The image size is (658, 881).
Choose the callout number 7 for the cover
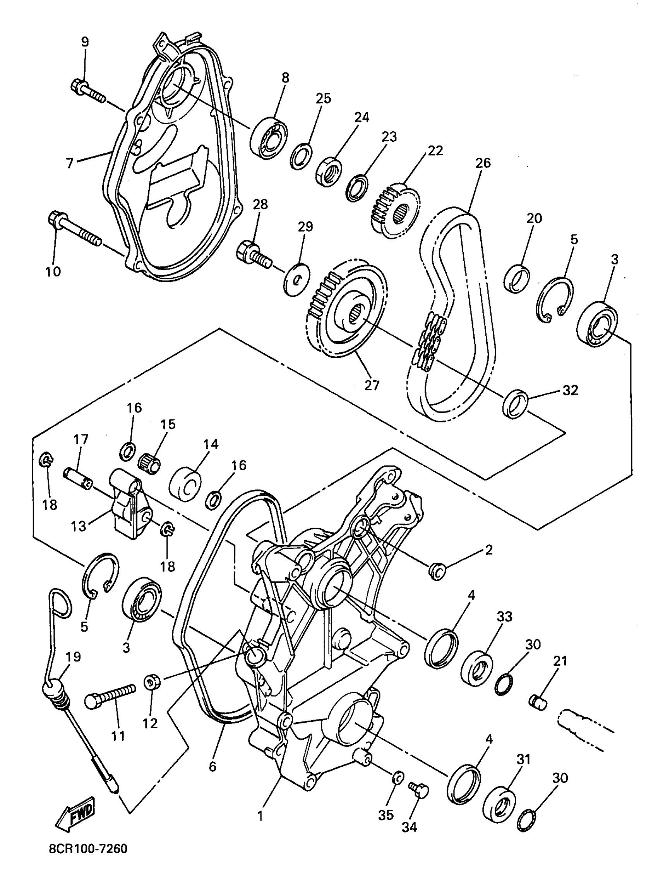70,163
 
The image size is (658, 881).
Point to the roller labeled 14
185,484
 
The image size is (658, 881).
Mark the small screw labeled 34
418,789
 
